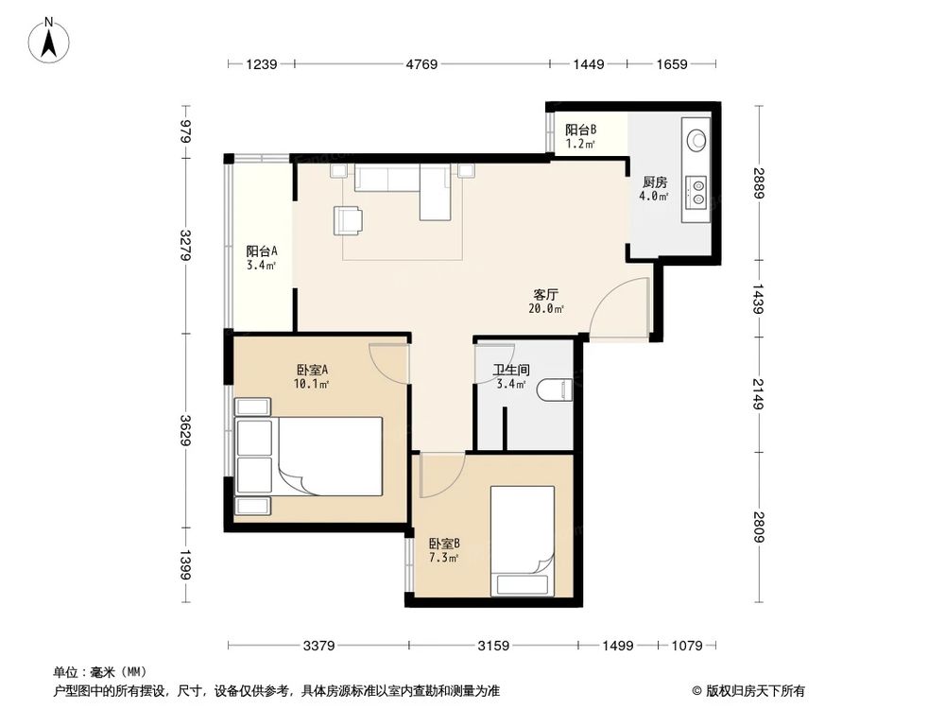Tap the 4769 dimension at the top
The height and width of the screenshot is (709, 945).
[x=421, y=65]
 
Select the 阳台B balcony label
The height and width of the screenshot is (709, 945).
[x=580, y=136]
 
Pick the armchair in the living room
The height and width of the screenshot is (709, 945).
[x=348, y=220]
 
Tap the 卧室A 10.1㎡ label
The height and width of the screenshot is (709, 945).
[x=312, y=376]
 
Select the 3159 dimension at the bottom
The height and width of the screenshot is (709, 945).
[x=492, y=647]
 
